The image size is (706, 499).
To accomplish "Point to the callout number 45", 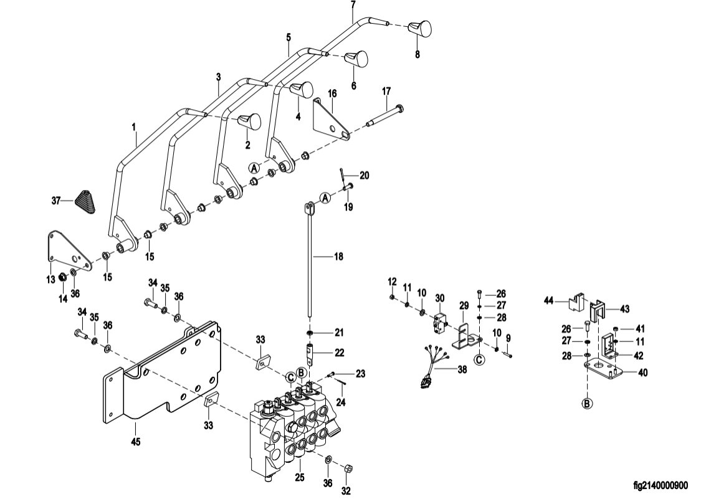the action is [135, 442].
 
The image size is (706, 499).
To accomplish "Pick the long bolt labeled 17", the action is [386, 115].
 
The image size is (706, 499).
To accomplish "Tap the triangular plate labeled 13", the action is [69, 251].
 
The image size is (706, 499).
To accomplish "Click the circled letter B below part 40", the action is [587, 404].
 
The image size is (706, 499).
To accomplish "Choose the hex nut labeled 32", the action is [348, 469].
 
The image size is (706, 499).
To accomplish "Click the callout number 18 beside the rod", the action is [338, 257].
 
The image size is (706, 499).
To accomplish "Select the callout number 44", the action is [549, 300].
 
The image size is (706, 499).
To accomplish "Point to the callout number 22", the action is [340, 353].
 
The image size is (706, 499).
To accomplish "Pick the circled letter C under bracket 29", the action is [479, 359].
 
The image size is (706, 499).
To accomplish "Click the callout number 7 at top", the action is [353, 5].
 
